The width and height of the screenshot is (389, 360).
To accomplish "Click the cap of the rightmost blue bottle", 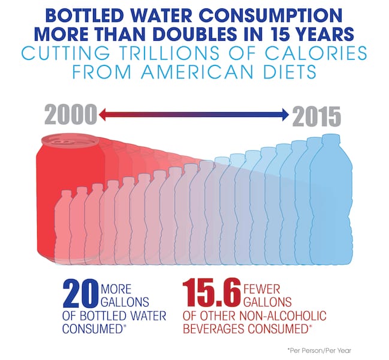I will [330, 137].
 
